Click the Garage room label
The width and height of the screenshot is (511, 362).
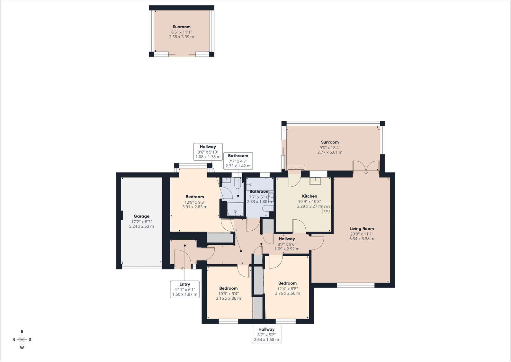pyautogui.click(x=141, y=216)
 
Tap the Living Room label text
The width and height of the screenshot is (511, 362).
pyautogui.click(x=362, y=228)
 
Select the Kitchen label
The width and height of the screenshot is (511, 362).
pyautogui.click(x=309, y=196)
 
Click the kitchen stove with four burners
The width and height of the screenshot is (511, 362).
pyautogui.click(x=327, y=208)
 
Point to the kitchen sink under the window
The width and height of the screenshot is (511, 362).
pyautogui.click(x=315, y=181)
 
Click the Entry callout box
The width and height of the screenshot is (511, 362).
pyautogui.click(x=185, y=289)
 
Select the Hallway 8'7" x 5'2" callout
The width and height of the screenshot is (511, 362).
pyautogui.click(x=266, y=334)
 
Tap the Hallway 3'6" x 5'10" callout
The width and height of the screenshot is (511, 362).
pyautogui.click(x=208, y=152)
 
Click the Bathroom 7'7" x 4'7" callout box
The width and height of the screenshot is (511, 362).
pyautogui.click(x=238, y=161)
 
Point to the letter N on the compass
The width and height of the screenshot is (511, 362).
pyautogui.click(x=14, y=340)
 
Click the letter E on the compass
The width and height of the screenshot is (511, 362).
pyautogui.click(x=22, y=331)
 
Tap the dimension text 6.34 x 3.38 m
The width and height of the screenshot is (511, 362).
pyautogui.click(x=362, y=239)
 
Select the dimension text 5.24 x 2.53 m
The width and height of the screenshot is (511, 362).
pyautogui.click(x=141, y=226)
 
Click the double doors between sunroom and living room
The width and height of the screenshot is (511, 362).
pyautogui.click(x=366, y=167)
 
